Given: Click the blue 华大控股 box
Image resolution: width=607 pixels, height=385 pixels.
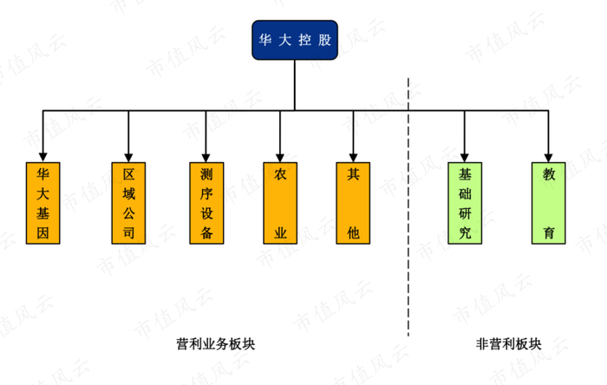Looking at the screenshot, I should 295,41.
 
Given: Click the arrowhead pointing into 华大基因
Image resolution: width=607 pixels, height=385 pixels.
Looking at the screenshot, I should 42,153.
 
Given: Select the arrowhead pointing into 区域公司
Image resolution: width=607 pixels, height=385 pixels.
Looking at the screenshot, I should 128,153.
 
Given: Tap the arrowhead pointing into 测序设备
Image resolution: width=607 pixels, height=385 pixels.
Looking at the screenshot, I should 206,153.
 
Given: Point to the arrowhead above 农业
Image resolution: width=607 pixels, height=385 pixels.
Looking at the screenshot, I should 279,153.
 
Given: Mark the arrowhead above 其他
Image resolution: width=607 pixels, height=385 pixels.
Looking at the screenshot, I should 352,153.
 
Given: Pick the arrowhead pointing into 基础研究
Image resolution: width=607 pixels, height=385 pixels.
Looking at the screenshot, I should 465,153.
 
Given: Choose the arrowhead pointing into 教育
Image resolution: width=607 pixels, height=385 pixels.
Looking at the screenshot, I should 549,153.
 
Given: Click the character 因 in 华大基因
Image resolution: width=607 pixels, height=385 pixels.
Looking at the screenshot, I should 42,233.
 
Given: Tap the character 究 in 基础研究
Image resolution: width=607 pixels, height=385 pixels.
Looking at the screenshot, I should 465,233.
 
